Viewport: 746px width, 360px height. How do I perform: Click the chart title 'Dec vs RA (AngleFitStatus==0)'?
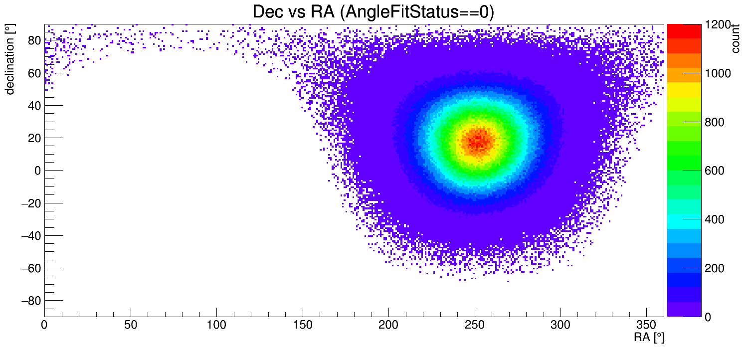[373, 11]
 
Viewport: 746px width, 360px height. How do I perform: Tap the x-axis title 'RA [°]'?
[649, 338]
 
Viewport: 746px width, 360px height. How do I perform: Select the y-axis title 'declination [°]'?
[10, 59]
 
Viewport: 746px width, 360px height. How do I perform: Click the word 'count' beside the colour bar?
[735, 39]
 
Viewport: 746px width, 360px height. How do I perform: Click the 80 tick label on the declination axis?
[34, 41]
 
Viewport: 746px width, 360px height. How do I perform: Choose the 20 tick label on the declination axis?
[34, 138]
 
